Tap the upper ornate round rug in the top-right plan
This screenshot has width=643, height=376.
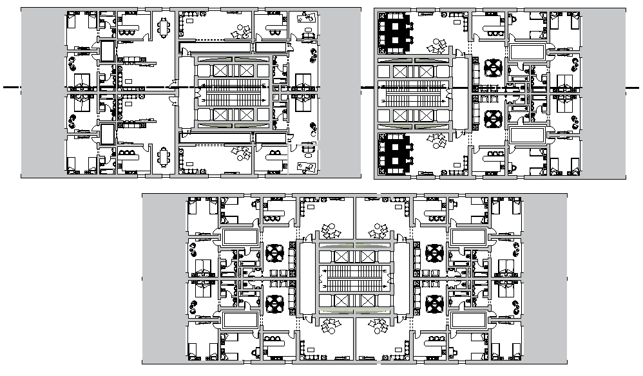(493, 67)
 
